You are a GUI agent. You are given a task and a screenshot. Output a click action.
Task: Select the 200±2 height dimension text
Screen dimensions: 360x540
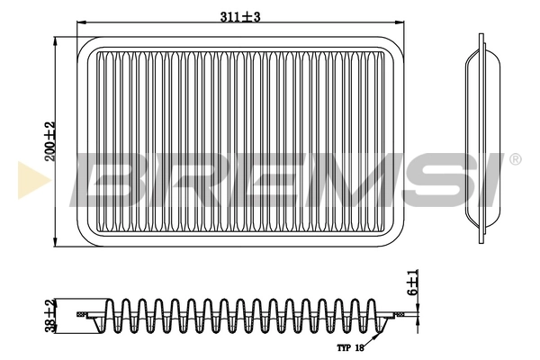pyautogui.click(x=50, y=140)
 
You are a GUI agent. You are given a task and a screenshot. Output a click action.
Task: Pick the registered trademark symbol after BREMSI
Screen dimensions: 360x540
pyautogui.click(x=514, y=159)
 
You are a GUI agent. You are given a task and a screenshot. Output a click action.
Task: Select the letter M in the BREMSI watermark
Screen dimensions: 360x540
pyautogui.click(x=333, y=178)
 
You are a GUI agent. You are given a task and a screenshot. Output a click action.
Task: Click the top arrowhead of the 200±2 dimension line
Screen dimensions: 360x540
pyautogui.click(x=56, y=40)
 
